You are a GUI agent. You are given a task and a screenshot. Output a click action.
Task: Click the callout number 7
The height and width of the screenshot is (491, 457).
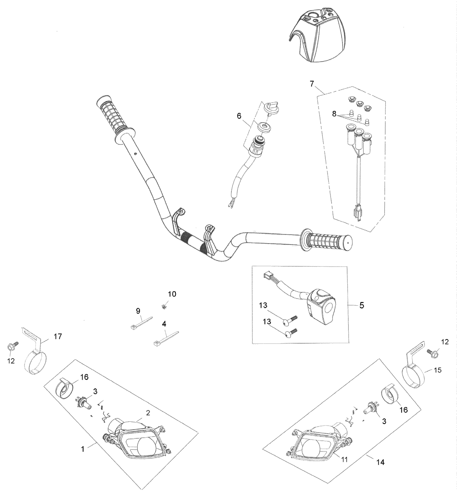[x=312, y=84]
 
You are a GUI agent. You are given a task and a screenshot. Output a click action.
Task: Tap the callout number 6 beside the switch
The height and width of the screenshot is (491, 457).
[x=239, y=116]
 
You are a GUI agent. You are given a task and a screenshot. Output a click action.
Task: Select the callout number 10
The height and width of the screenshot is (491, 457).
[x=172, y=294]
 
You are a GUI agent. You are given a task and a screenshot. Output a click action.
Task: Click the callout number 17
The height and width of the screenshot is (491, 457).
[x=58, y=336]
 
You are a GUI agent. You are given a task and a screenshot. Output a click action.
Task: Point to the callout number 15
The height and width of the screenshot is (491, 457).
[x=438, y=370]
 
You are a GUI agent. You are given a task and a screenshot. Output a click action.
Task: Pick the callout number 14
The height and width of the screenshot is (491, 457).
[x=380, y=462]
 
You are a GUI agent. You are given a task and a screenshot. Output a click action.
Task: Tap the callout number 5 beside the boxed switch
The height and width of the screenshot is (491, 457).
[x=362, y=305]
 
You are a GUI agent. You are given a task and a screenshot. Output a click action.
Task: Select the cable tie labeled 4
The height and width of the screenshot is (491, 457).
[x=166, y=338]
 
